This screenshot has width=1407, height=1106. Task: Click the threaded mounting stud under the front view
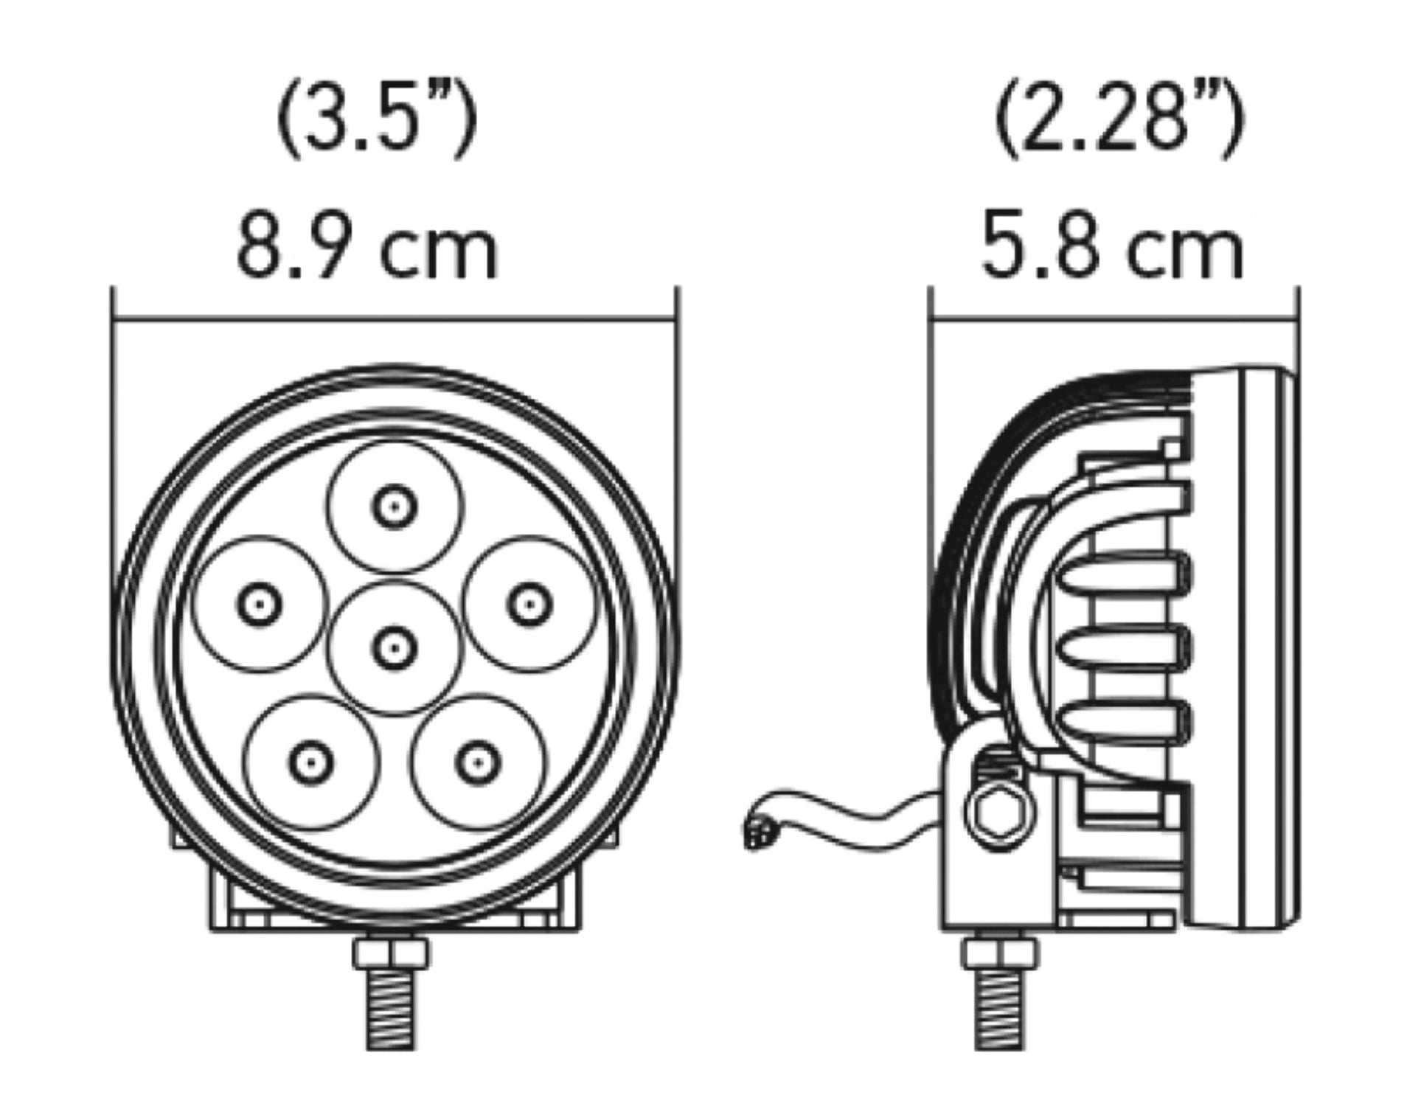390,1006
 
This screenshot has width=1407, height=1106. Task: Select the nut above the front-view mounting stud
390,953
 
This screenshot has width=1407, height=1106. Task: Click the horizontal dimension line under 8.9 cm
394,320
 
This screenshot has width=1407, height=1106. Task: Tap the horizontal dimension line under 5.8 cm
1114,320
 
